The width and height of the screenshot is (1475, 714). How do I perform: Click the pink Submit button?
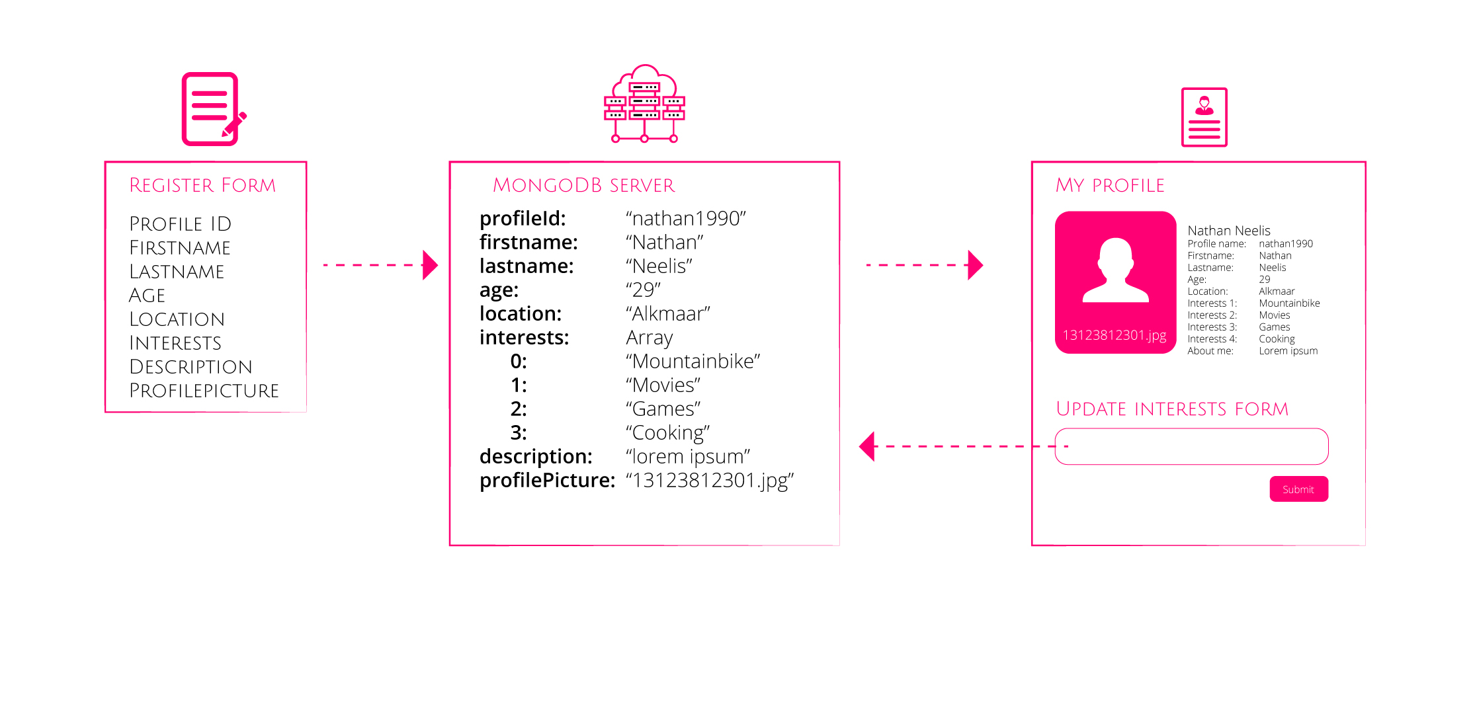[1298, 489]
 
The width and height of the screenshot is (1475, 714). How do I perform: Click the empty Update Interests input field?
[1191, 446]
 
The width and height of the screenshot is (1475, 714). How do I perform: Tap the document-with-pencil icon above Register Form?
[212, 109]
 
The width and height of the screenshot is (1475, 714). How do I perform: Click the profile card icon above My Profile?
[1204, 117]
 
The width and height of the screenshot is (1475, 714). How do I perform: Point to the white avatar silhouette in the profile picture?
[1115, 271]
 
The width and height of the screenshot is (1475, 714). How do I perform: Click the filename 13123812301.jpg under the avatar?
[1115, 335]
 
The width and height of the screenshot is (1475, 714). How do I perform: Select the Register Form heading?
[202, 185]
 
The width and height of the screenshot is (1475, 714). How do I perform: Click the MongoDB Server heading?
[583, 185]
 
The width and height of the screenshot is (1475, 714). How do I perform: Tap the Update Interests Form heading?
[1172, 409]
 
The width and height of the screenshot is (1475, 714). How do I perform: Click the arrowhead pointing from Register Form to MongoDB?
[430, 265]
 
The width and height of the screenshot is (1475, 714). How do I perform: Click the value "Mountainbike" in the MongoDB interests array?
[693, 362]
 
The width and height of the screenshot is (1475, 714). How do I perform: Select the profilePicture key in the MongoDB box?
[547, 481]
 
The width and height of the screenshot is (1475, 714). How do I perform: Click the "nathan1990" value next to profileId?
[686, 219]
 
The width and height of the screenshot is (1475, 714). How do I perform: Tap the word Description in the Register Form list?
[190, 367]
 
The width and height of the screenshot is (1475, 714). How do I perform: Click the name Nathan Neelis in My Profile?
[1228, 231]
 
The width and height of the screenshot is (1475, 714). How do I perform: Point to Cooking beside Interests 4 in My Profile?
[1277, 339]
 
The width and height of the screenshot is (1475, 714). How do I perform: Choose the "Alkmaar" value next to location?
[668, 314]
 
